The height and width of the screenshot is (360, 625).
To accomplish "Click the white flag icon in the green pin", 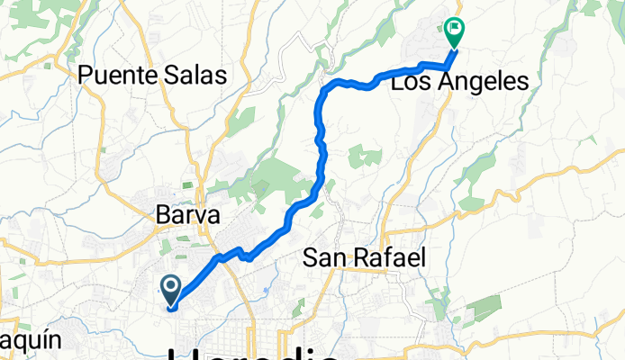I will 455,30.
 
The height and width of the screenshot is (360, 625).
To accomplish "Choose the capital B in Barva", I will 162,216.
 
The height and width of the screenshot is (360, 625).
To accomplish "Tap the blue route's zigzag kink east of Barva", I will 243,255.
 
